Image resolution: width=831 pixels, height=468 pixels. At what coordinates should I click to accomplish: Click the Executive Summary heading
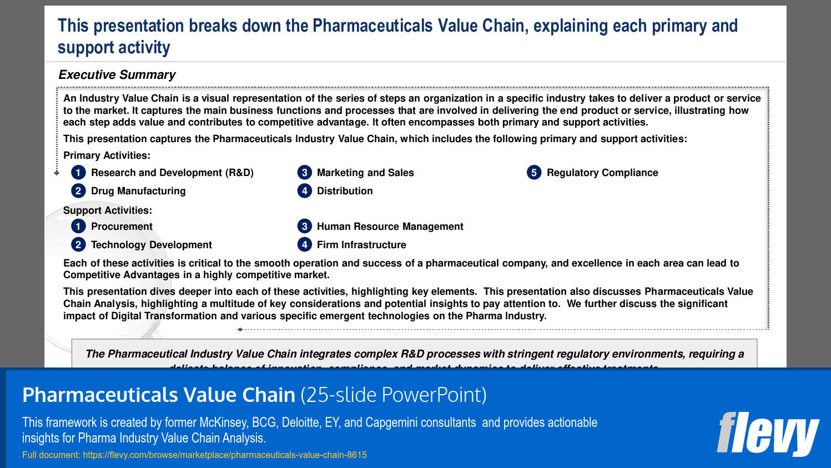[x=117, y=75]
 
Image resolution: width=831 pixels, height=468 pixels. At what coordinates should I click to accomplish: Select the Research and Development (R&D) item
[x=172, y=173]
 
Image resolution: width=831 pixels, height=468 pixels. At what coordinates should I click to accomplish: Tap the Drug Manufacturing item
[x=138, y=191]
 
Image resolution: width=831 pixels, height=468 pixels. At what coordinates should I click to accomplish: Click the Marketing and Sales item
[x=365, y=173]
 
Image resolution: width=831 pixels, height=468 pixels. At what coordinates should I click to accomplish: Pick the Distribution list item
[x=345, y=191]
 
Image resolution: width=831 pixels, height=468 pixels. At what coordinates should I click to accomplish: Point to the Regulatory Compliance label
[x=602, y=173]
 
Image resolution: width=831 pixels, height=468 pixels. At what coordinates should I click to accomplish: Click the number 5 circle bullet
[x=534, y=173]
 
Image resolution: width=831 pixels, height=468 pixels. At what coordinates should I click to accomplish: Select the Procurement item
[x=122, y=227]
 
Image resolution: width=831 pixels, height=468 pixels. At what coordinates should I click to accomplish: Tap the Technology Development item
[x=151, y=245]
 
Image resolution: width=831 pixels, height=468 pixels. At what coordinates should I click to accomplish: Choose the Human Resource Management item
[x=390, y=227]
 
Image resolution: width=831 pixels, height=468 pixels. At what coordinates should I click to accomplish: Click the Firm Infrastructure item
[x=361, y=245]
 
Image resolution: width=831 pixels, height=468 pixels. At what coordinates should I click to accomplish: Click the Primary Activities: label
[x=107, y=155]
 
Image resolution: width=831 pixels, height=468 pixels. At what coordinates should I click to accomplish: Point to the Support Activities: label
[x=107, y=210]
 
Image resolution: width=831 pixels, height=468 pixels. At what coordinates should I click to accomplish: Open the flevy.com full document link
[x=225, y=455]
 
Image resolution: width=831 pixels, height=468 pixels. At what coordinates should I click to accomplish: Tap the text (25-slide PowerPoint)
[x=394, y=395]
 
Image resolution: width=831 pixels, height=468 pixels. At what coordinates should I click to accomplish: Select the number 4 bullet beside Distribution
[x=304, y=191]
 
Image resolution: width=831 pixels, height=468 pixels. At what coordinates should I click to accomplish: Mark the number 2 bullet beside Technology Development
[x=78, y=245]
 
